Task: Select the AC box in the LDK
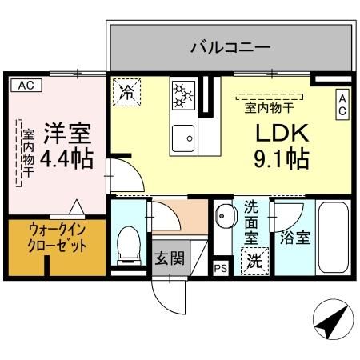pyautogui.click(x=342, y=103)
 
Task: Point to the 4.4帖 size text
pyautogui.click(x=66, y=157)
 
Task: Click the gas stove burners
pyautogui.click(x=183, y=94)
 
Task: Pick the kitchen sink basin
pyautogui.click(x=185, y=137)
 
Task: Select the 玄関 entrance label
pyautogui.click(x=169, y=258)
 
